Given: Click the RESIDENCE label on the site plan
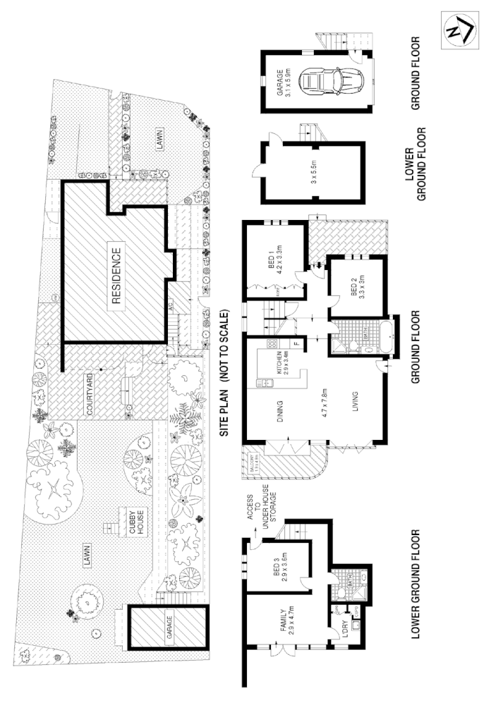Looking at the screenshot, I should tap(117, 275).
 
